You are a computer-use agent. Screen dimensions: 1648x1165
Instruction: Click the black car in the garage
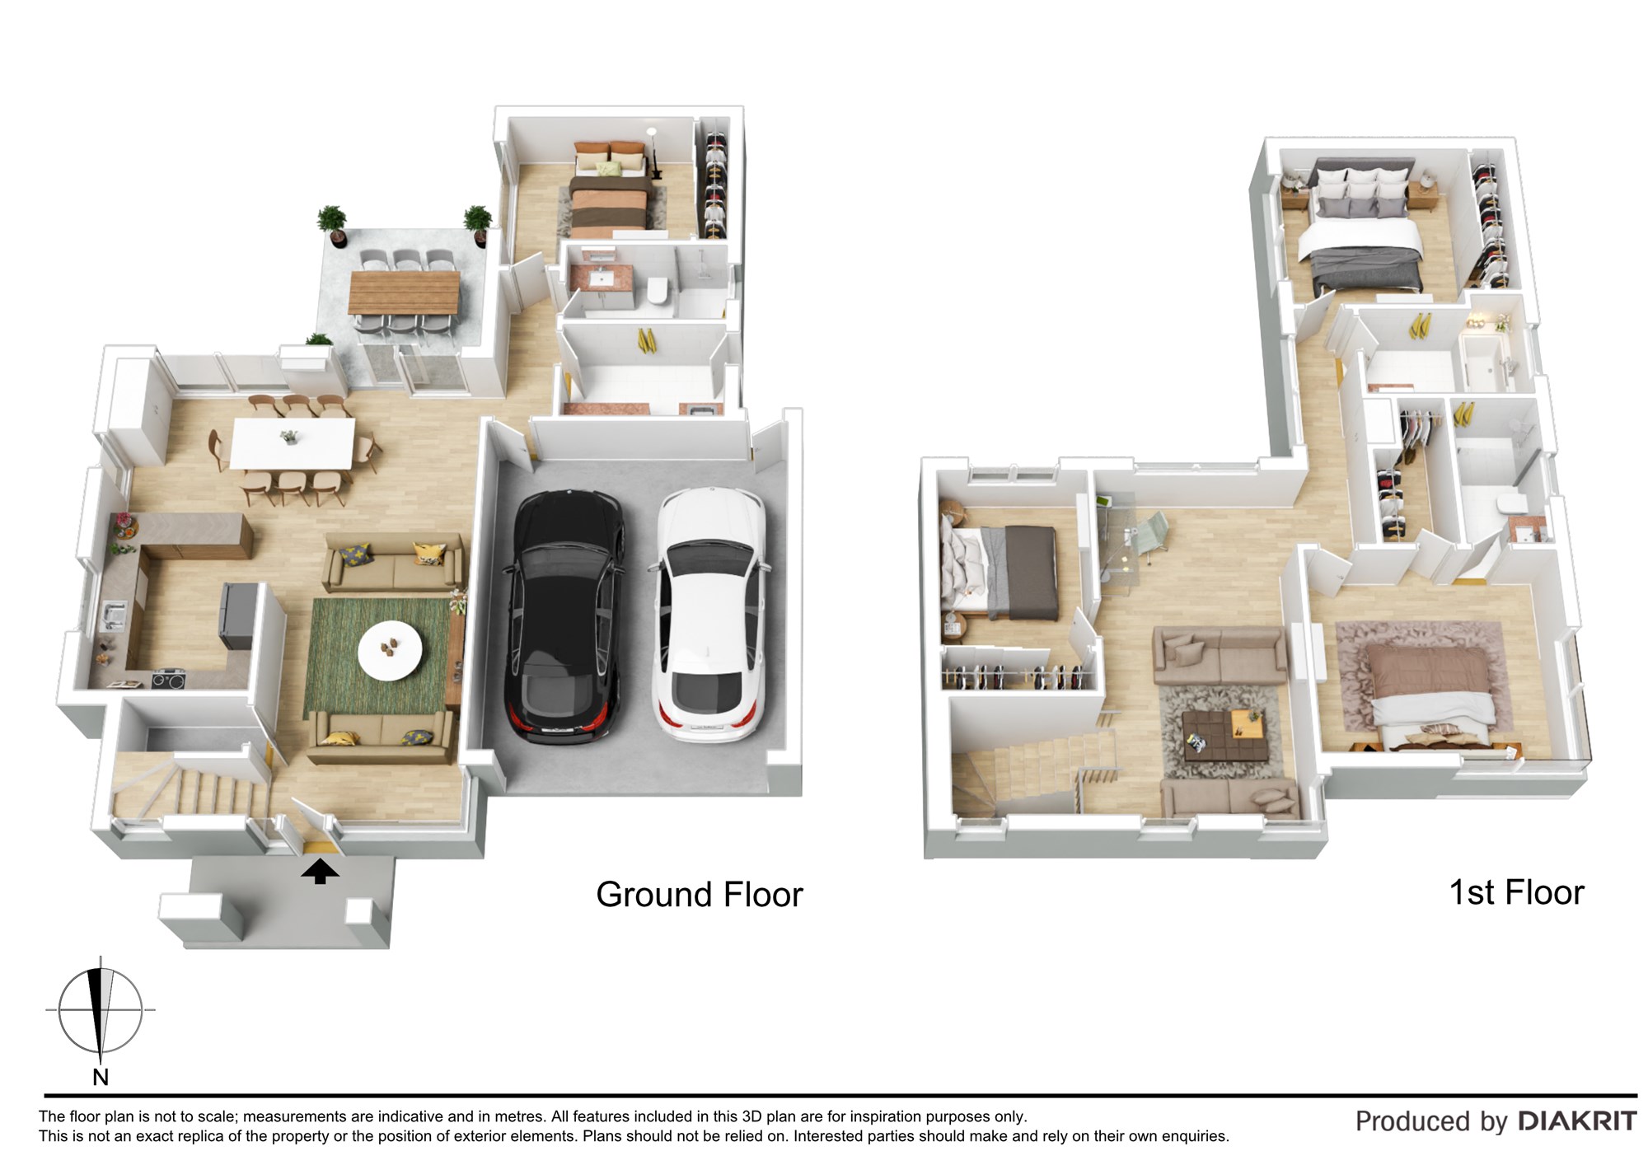tap(564, 616)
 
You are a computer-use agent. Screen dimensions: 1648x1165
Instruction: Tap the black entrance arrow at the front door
tap(320, 872)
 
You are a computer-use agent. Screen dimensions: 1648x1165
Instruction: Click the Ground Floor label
tap(699, 895)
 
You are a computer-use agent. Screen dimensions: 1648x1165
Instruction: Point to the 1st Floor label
tap(1516, 892)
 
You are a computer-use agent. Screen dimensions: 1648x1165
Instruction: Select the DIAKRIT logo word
tap(1577, 1121)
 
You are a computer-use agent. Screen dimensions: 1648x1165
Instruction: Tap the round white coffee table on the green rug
tap(390, 650)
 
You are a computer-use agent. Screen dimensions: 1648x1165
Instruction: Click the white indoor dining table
tap(293, 443)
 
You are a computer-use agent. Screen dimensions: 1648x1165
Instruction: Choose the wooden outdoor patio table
tap(404, 292)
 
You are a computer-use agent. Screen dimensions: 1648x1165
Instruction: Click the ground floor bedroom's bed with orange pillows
tap(610, 189)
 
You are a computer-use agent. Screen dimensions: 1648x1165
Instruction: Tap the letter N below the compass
tap(101, 1077)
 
